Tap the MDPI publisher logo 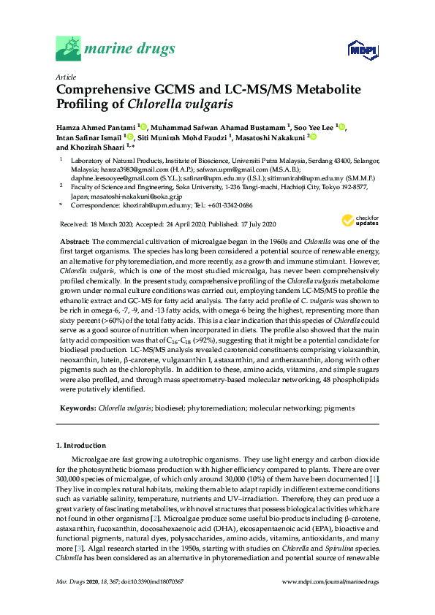360,50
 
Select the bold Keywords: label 77,408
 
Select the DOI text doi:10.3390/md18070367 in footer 159,581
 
